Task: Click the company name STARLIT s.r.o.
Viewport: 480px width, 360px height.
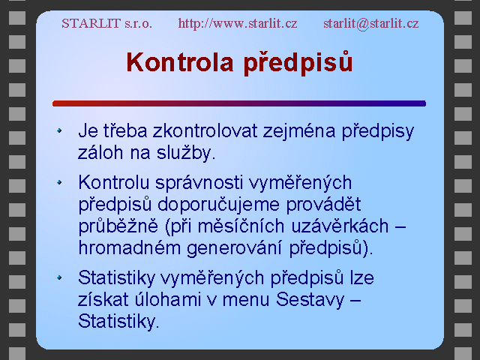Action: (106, 23)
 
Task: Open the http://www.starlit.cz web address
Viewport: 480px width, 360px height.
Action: (238, 23)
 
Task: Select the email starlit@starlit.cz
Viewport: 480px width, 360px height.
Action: (371, 23)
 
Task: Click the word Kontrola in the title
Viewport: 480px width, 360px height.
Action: (180, 62)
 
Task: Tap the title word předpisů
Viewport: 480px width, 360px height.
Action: (298, 63)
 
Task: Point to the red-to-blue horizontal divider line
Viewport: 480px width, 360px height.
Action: (239, 103)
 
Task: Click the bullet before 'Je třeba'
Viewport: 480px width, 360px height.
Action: (59, 130)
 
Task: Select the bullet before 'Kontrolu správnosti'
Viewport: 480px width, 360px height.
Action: (59, 183)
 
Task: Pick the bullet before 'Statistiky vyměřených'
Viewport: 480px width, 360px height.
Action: (59, 277)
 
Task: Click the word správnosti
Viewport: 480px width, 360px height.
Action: (199, 184)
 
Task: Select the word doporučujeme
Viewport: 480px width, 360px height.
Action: (218, 205)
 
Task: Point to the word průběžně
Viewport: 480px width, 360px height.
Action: (118, 226)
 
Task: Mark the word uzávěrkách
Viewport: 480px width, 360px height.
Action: (340, 226)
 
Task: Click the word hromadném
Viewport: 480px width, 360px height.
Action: (130, 247)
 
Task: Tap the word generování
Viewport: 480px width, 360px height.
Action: (234, 248)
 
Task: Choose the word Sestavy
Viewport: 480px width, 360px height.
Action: (310, 300)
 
